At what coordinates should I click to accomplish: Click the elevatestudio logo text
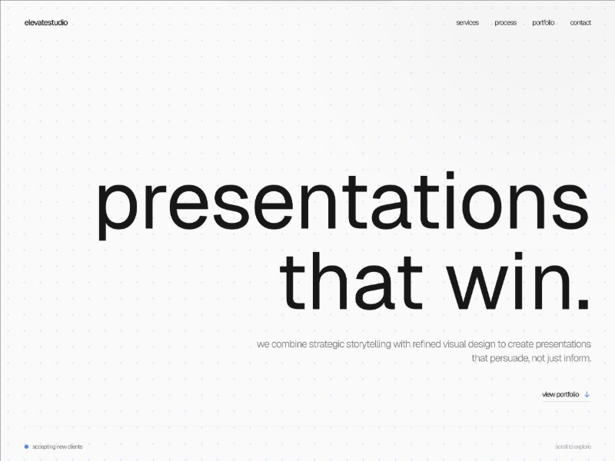(46, 23)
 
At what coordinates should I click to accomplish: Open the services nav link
(467, 23)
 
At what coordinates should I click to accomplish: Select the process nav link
(505, 23)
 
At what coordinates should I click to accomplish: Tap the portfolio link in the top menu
(544, 23)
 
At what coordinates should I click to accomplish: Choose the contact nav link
(580, 23)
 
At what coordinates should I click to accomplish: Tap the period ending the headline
(583, 302)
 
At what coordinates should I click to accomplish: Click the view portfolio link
(560, 395)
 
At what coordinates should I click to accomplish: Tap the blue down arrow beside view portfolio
(587, 395)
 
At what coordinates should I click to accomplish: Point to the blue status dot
(26, 446)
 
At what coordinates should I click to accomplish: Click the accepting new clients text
(58, 446)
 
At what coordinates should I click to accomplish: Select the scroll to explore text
(573, 446)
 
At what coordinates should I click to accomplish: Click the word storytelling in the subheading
(364, 344)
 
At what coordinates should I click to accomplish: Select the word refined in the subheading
(427, 344)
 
